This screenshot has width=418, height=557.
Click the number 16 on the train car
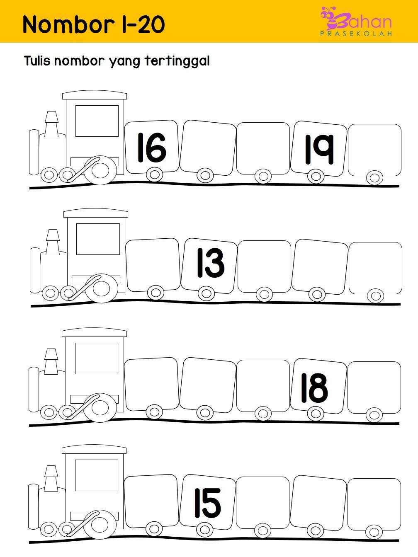[152, 148]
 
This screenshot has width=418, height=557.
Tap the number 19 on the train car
[319, 149]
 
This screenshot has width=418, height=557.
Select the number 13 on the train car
[211, 263]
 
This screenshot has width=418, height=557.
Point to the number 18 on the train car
[314, 388]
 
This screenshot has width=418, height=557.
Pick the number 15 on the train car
[208, 504]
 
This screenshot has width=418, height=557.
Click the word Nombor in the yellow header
[69, 24]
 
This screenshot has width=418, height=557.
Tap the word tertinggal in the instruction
[177, 61]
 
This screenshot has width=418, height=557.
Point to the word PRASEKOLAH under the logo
[356, 34]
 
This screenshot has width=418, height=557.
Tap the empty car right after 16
[208, 148]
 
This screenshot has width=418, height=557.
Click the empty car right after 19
[374, 150]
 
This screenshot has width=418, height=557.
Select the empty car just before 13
[153, 265]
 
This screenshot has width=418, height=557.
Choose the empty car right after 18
[374, 387]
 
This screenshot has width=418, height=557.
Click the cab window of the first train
[97, 121]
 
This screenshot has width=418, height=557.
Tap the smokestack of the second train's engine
[53, 242]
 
